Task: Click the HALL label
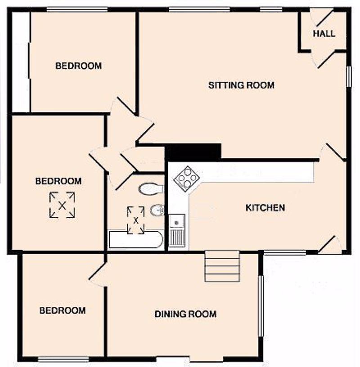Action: click(x=324, y=34)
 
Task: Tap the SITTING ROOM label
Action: click(x=241, y=85)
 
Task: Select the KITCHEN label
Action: click(x=265, y=208)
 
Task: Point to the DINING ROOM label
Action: click(x=185, y=314)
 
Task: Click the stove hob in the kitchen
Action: click(x=187, y=179)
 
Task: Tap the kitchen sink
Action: click(x=177, y=230)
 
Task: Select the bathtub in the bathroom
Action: click(x=136, y=239)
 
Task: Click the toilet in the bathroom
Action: click(x=151, y=188)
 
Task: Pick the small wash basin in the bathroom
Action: click(x=157, y=210)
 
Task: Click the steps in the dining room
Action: click(x=222, y=266)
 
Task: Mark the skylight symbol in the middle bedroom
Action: click(x=62, y=205)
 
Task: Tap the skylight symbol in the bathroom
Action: click(x=135, y=220)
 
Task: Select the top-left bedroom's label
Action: click(x=78, y=66)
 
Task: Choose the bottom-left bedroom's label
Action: click(x=63, y=311)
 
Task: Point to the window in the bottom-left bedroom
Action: click(x=63, y=359)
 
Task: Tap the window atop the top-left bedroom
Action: click(x=77, y=9)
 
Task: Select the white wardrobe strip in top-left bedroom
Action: click(x=21, y=62)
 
